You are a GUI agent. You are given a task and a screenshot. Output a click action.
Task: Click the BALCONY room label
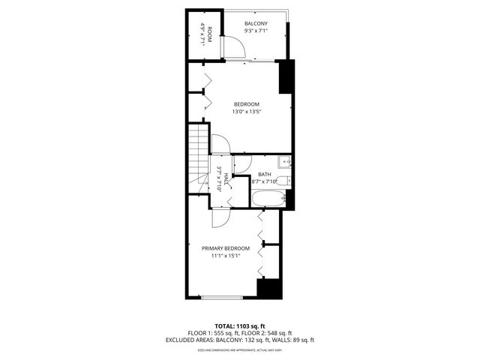coord(256,24)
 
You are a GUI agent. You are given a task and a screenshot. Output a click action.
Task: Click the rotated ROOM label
coord(210,35)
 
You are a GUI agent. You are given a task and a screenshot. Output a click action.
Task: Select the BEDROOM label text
coord(247,103)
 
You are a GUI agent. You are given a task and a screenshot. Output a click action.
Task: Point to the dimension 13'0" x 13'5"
coord(247,112)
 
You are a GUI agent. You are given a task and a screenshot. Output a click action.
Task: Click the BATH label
coord(265,174)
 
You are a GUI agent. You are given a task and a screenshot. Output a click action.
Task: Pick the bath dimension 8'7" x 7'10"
coord(265,181)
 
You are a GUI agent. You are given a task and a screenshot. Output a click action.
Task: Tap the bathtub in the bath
coord(268,200)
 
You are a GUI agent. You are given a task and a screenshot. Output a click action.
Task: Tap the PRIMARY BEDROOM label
coord(226,248)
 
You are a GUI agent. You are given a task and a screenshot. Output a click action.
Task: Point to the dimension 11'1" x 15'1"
coord(226,256)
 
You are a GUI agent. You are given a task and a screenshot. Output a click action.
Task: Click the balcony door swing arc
coord(234,47)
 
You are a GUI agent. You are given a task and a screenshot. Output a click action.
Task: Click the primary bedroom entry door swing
coord(220,219)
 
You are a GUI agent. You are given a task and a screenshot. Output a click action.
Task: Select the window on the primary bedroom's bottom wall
coord(222,298)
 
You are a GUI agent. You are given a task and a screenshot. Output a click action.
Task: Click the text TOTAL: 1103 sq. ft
coord(240,325)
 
